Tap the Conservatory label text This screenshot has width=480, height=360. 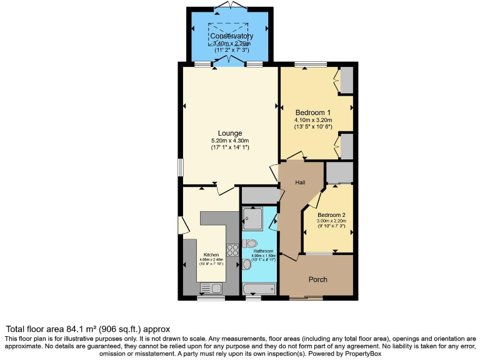click(231, 36)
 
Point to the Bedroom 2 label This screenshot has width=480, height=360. click(331, 214)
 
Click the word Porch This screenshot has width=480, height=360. click(318, 279)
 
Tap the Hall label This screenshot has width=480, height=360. click(300, 182)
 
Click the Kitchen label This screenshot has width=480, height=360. click(211, 255)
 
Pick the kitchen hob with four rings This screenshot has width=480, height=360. click(233, 249)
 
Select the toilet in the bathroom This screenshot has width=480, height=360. click(251, 243)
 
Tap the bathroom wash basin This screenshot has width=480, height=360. click(246, 264)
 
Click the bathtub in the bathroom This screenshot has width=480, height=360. click(258, 288)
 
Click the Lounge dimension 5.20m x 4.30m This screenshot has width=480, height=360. click(229, 141)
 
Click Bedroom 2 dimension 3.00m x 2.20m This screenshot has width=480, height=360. click(331, 221)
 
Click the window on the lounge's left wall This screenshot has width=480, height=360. click(181, 167)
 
